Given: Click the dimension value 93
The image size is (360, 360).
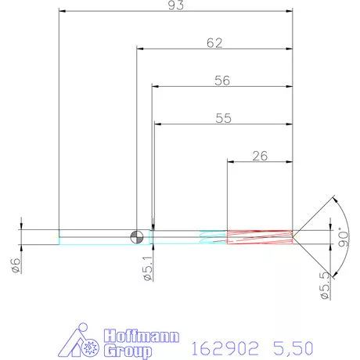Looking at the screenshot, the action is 176,5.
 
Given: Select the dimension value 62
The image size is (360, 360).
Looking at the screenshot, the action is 214,43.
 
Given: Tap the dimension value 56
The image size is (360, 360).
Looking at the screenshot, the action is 222,81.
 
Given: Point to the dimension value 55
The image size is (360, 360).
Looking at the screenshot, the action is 223,118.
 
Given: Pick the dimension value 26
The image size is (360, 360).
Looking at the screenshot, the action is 260,156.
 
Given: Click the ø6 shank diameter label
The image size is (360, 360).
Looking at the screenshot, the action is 16,265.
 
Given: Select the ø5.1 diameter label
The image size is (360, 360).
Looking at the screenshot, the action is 148,268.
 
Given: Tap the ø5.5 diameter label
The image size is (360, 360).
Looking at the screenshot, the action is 325,286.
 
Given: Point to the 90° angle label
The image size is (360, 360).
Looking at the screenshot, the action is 344,237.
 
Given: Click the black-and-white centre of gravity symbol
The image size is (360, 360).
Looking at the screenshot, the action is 137,237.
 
